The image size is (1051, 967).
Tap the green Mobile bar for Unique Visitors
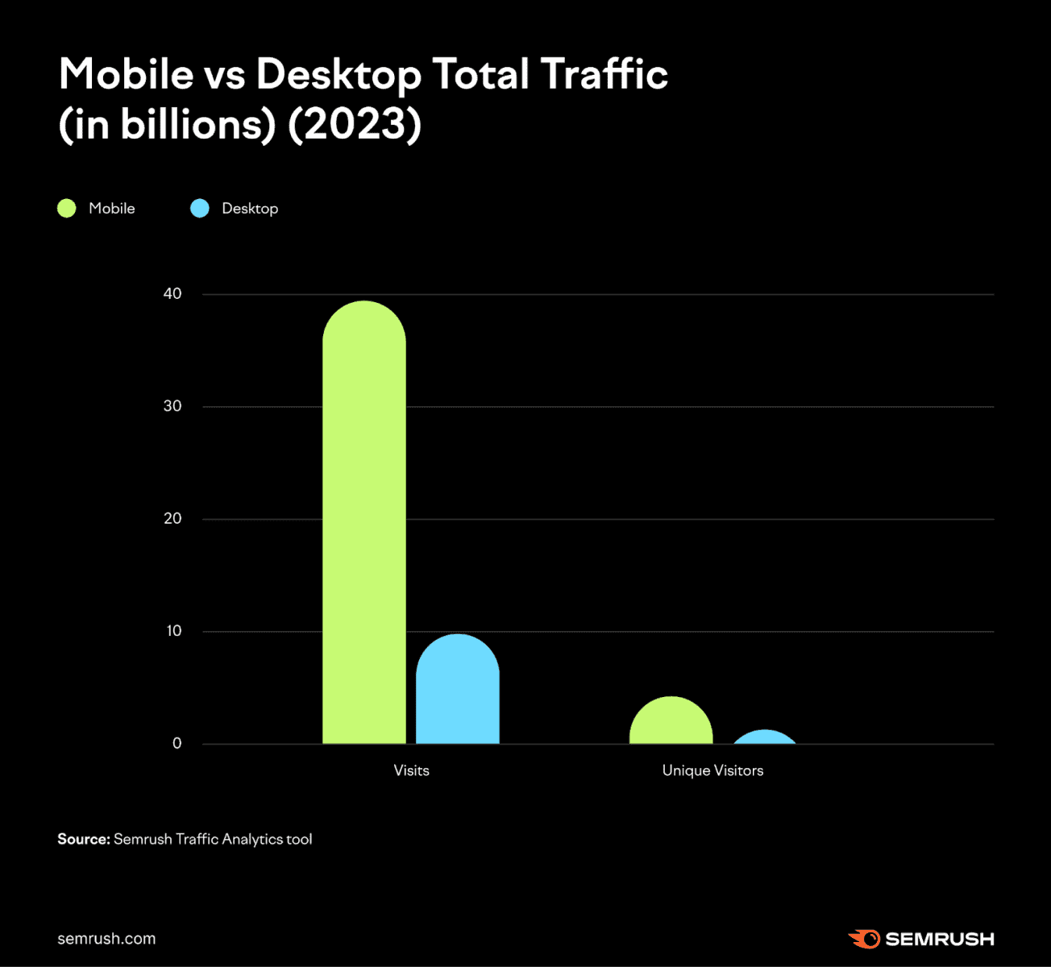point(671,723)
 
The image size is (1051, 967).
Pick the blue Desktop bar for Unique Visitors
point(764,738)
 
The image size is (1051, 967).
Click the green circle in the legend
point(67,209)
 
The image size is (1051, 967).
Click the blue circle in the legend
point(200,209)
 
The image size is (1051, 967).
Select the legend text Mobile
point(112,209)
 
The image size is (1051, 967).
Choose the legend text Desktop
point(250,209)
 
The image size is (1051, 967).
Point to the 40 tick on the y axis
point(172,294)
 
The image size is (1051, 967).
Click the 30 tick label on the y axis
point(172,406)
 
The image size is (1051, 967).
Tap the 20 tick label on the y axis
point(172,519)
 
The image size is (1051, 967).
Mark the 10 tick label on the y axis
point(174,631)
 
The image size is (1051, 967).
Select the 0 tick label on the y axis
point(177,744)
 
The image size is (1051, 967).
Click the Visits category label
point(411,770)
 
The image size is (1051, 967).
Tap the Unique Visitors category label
point(712,770)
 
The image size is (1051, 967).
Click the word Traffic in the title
point(604,74)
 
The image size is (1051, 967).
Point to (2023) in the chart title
point(355,125)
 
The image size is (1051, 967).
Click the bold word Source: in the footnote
point(83,839)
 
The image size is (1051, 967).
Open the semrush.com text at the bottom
point(106,939)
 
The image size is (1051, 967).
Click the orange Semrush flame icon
point(865,939)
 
